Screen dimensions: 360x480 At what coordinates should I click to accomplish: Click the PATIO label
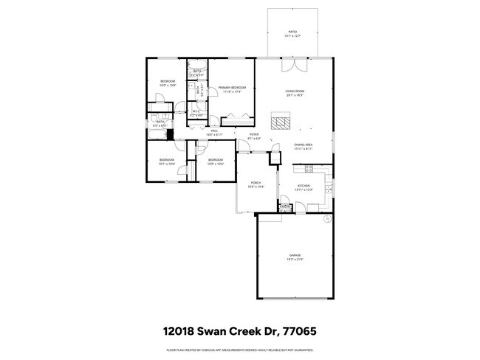pyautogui.click(x=292, y=33)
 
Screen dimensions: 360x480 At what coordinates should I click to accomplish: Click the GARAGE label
pyautogui.click(x=295, y=255)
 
